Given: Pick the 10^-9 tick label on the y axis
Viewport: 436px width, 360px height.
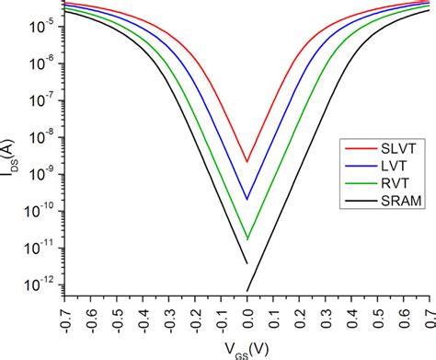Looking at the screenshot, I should pos(41,171).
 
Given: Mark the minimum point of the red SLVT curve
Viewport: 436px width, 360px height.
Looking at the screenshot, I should pos(247,162).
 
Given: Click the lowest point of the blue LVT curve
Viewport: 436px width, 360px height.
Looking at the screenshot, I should pos(247,199).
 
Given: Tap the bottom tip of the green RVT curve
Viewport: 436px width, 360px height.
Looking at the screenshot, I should pos(247,239).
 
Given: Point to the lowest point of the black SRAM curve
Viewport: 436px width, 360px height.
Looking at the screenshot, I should pos(247,291).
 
